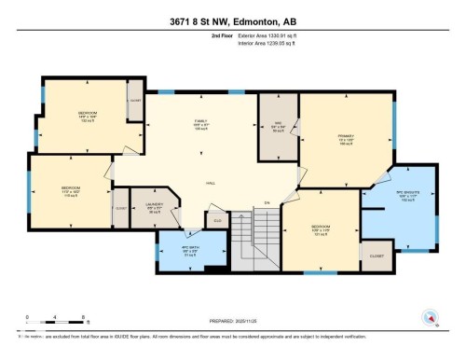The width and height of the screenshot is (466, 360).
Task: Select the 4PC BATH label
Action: pos(191,249)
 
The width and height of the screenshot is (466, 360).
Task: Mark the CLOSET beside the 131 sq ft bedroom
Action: pos(377,255)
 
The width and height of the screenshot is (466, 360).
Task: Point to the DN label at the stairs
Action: pos(267,203)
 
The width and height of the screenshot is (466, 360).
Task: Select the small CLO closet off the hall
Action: pos(218,221)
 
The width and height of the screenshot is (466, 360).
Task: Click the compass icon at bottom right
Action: pos(431,317)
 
